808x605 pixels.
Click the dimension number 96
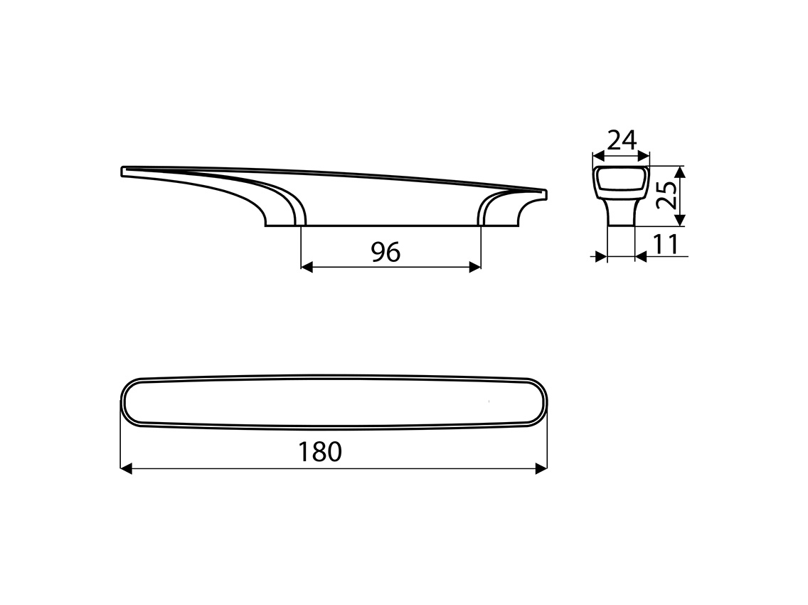pyautogui.click(x=386, y=251)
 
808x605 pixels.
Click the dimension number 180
pyautogui.click(x=321, y=452)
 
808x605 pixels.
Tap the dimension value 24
pyautogui.click(x=621, y=140)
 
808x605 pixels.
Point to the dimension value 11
pyautogui.click(x=665, y=244)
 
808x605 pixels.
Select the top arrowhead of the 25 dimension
pyautogui.click(x=680, y=172)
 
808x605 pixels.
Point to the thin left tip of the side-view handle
pyautogui.click(x=124, y=172)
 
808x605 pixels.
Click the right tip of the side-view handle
pyautogui.click(x=544, y=194)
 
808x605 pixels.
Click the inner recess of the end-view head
pyautogui.click(x=620, y=182)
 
